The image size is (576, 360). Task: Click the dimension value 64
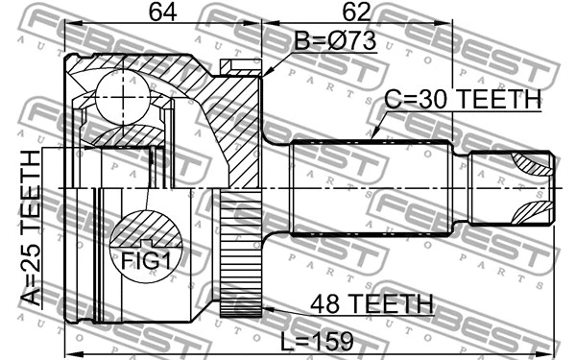coord(162,12)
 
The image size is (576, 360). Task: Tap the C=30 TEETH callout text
coord(463,100)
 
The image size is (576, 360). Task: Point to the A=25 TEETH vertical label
coord(32,228)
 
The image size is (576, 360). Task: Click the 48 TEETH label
coord(370,304)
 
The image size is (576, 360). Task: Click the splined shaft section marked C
coord(370,187)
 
